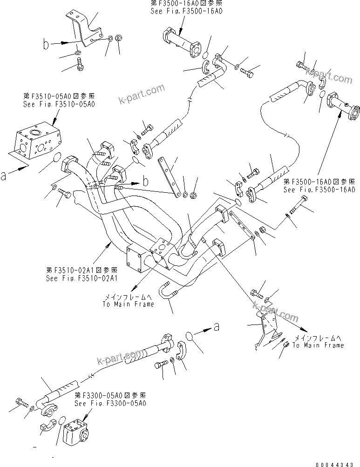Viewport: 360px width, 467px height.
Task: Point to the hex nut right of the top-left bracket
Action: (118, 39)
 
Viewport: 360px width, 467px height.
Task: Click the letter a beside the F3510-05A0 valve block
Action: (4, 176)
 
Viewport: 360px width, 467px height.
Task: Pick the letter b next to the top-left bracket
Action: (46, 45)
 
